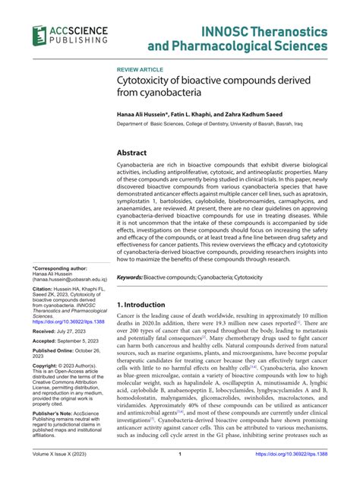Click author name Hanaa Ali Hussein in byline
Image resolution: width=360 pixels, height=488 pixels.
point(144,113)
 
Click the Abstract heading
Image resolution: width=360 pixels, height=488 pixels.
point(136,152)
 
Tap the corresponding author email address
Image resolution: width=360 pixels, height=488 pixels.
point(68,280)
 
